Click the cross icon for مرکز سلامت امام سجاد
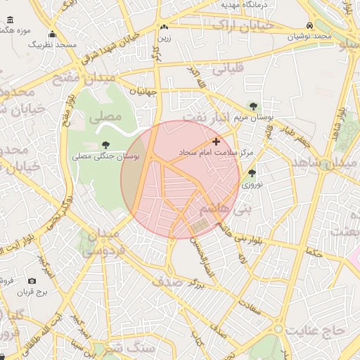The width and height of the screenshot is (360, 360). pos(216,141)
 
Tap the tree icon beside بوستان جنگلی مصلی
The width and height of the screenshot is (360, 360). pos(106,145)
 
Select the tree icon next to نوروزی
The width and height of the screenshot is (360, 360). pos(252,172)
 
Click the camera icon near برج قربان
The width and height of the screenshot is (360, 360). pos(32,281)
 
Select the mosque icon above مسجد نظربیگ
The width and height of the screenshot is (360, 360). pos(52,35)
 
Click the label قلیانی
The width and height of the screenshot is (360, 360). pos(226,70)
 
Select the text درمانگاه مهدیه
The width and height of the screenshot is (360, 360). pos(241,4)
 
